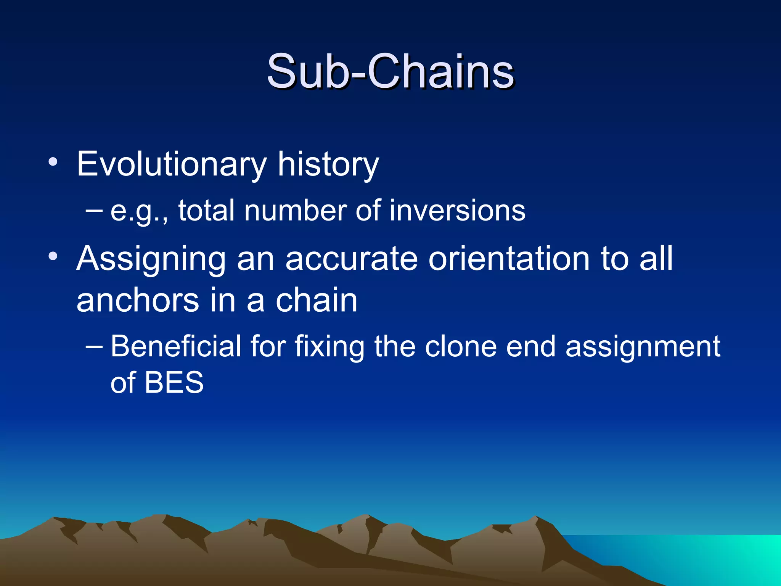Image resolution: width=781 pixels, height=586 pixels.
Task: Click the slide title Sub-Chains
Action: click(390, 71)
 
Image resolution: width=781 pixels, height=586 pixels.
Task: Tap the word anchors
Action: click(138, 300)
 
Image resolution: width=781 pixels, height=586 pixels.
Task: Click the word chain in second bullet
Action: click(317, 300)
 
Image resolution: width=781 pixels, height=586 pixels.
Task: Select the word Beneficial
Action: click(176, 346)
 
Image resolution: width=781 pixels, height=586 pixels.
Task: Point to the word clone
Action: click(460, 346)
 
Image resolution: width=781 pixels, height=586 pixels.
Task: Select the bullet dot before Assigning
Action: click(53, 257)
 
